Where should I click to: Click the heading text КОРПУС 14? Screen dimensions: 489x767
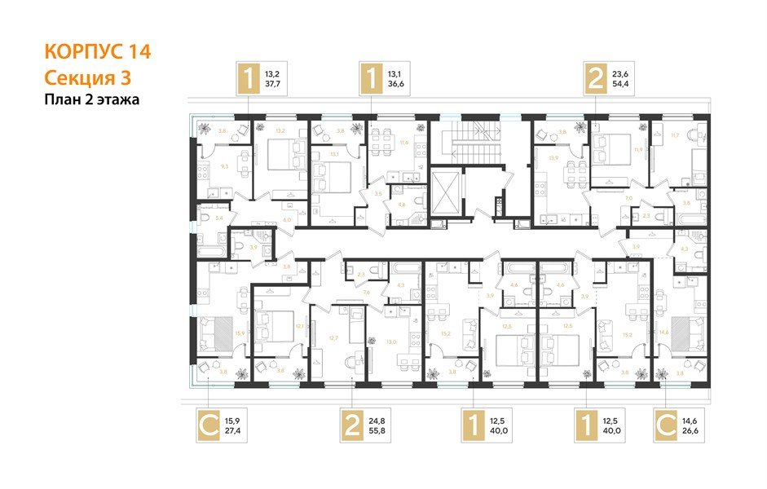tap(96, 52)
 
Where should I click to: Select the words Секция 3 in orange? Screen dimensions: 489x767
tap(86, 77)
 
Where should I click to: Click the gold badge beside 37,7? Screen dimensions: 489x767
tap(246, 80)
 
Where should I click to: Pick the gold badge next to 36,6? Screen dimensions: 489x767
tap(372, 80)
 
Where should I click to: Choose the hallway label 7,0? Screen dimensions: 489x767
tap(606, 198)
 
